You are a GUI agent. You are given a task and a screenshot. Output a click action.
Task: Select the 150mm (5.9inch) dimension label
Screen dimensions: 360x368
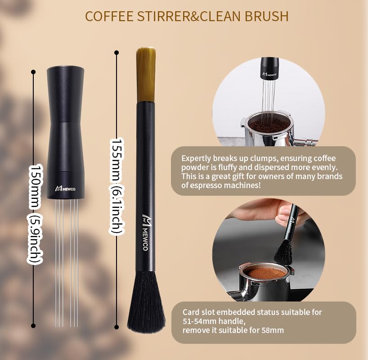(36, 213)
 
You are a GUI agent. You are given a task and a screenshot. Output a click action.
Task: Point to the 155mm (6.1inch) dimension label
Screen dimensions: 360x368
(117, 186)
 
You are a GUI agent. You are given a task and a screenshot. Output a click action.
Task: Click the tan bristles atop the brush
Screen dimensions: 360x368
(146, 74)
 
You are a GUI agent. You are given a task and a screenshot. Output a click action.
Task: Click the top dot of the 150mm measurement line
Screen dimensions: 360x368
(33, 72)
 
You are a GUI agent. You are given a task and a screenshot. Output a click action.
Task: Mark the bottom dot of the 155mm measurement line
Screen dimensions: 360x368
(117, 327)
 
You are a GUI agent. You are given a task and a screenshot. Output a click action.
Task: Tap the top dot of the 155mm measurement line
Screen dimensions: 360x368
(117, 53)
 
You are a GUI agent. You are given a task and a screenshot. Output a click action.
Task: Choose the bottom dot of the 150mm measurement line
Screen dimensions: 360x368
(33, 325)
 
